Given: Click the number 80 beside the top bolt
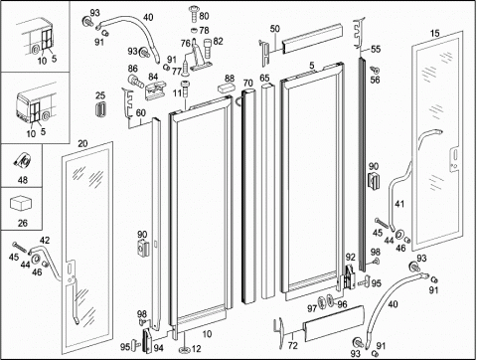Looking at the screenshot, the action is coord(204,16).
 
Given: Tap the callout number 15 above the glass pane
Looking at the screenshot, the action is coord(435,33).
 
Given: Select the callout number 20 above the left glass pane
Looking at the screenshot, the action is coord(82,143).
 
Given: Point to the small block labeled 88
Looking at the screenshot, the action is coord(226,88).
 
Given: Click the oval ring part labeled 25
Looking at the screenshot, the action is coord(100,109).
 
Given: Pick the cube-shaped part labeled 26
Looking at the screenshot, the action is coord(22,204).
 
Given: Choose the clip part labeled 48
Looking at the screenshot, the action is coord(23,161).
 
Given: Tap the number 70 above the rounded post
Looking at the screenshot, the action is coord(247,83).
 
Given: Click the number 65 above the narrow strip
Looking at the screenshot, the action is coord(264,79).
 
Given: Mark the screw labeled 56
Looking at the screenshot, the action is coord(375,70).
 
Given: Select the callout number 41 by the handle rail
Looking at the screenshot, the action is coord(399,203).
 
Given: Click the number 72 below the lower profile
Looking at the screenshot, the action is coord(293,346).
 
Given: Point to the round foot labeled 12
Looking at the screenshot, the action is coord(185,349).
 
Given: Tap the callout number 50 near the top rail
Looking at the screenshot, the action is coord(275,29).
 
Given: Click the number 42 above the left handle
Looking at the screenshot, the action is coord(45,240).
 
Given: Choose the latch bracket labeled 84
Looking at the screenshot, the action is coord(155,90).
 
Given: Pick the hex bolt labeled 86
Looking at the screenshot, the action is coord(136,81).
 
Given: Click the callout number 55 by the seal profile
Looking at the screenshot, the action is coord(376,49).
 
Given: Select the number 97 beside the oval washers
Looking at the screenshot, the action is coord(312,308).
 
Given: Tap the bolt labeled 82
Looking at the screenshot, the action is coord(207,49).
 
